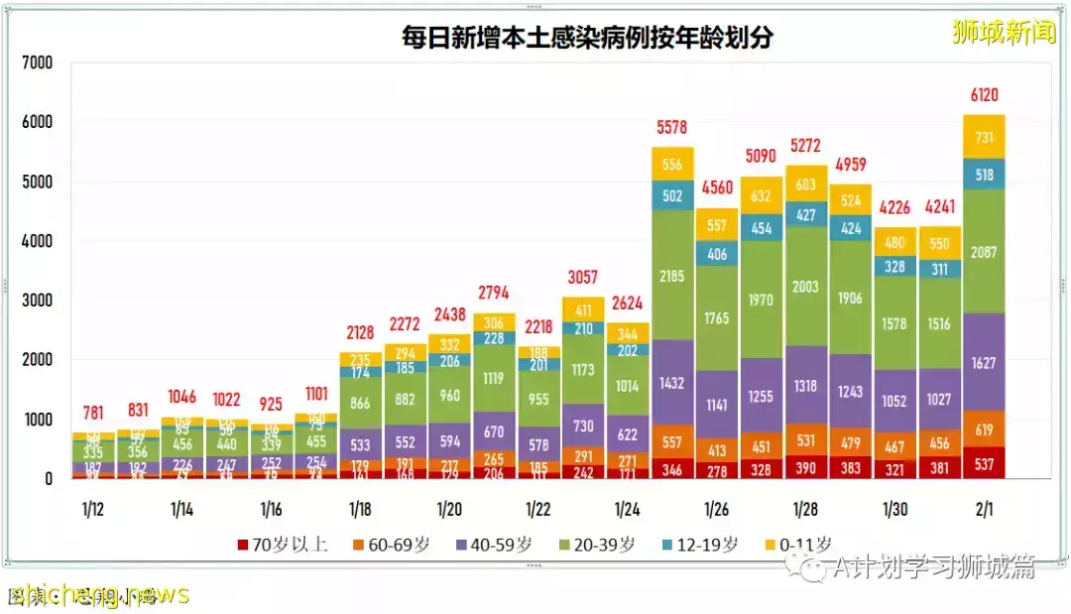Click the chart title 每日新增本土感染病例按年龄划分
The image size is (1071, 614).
pyautogui.click(x=586, y=38)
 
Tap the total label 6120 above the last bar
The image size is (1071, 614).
pyautogui.click(x=985, y=95)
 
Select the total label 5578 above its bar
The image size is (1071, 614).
pyautogui.click(x=672, y=128)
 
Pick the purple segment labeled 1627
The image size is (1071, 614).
pyautogui.click(x=985, y=363)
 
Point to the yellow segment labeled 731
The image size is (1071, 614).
pyautogui.click(x=985, y=137)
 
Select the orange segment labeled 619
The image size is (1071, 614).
pyautogui.click(x=985, y=429)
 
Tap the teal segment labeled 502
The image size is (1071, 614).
pyautogui.click(x=672, y=195)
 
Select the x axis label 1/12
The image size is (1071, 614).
pyautogui.click(x=92, y=509)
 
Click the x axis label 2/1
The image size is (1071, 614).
pyautogui.click(x=985, y=509)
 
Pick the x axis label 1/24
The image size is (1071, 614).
pyautogui.click(x=628, y=509)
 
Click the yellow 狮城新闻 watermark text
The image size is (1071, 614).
pyautogui.click(x=1004, y=32)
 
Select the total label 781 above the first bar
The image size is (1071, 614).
pyautogui.click(x=92, y=412)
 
